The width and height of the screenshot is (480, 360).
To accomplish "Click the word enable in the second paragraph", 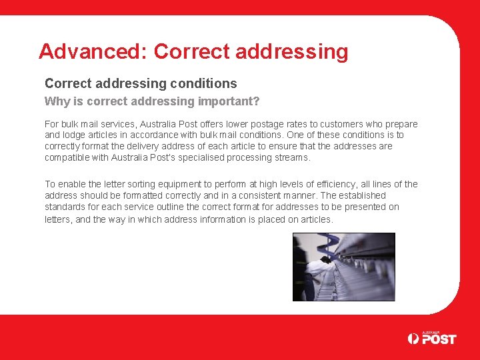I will pyautogui.click(x=73, y=184).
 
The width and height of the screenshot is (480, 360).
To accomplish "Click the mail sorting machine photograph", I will pyautogui.click(x=343, y=267).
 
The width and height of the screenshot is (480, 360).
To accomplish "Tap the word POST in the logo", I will pyautogui.click(x=439, y=339).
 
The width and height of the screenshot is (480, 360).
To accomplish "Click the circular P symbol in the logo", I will pyautogui.click(x=413, y=339).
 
